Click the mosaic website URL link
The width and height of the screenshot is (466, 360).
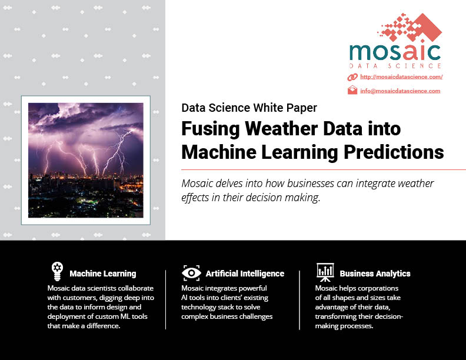401,77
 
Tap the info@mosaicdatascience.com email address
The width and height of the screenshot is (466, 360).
400,91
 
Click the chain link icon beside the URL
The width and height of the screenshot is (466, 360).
352,77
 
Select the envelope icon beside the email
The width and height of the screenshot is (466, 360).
352,90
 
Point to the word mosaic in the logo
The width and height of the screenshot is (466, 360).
395,52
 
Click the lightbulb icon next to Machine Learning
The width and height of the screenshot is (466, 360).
57,271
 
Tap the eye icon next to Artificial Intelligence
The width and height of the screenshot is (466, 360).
191,273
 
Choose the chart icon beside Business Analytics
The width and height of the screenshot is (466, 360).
325,272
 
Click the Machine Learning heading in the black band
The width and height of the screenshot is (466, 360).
103,274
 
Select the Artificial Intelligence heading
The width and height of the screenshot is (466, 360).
245,274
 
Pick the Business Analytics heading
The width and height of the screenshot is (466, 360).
375,274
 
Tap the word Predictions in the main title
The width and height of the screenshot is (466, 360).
394,152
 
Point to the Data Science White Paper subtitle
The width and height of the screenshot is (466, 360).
249,108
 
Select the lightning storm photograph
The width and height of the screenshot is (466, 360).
86,160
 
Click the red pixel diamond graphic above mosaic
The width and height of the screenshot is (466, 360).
410,27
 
